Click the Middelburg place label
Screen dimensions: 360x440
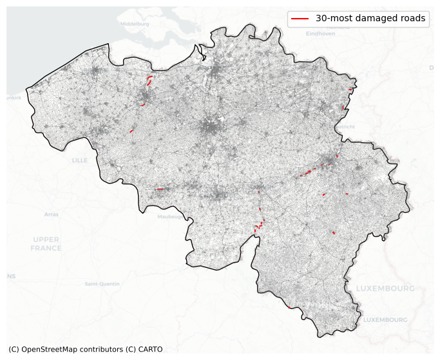point(134,24)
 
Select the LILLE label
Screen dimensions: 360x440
point(80,160)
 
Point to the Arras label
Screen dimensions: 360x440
point(52,214)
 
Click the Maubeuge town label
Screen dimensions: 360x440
point(171,216)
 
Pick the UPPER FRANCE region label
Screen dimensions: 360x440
point(46,243)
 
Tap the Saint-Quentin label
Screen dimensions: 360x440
point(102,283)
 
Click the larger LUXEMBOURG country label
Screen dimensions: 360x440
point(385,288)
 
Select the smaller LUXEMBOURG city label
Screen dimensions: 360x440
point(385,319)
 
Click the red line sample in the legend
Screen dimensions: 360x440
point(300,19)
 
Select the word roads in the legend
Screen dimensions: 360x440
point(412,19)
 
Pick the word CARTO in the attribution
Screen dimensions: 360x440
point(150,349)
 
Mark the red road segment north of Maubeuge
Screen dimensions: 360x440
point(160,189)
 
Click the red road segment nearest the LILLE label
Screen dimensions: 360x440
point(131,131)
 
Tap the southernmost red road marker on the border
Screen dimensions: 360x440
point(334,232)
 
